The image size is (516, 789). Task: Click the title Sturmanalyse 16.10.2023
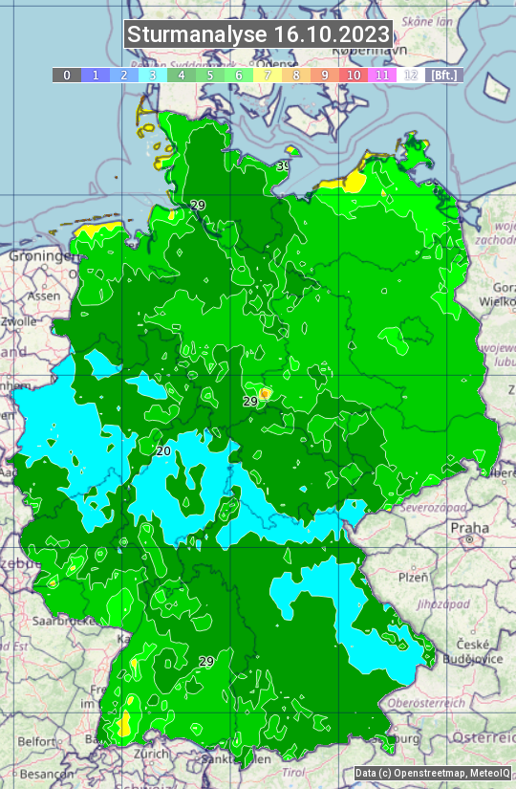pos(258,34)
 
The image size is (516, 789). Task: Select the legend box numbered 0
pos(67,75)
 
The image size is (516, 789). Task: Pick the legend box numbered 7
pos(268,75)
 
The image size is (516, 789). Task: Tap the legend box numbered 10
pos(354,75)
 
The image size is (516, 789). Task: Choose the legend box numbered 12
pos(411,75)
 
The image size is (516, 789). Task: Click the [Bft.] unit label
pos(443,75)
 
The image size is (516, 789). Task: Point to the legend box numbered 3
pos(153,75)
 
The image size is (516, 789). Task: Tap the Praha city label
pos(469,528)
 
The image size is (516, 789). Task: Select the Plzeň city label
pos(413,578)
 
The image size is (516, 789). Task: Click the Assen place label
pos(43,296)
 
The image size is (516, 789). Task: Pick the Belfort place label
pos(37,741)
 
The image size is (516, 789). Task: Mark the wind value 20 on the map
pos(163,450)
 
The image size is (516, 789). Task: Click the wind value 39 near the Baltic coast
pos(283,166)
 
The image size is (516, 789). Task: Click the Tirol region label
pos(294,772)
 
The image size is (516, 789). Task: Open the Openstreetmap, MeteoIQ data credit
pos(431,774)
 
